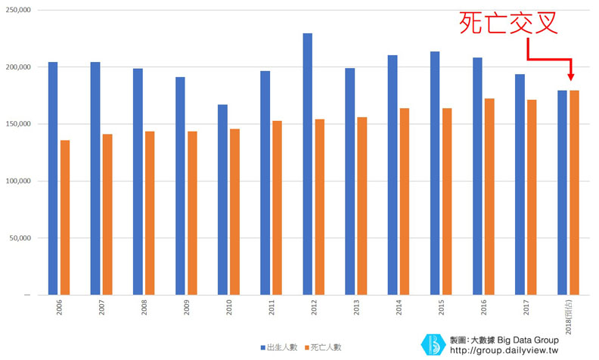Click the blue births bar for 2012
(307, 163)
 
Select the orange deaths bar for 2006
(65, 217)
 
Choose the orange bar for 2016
(489, 196)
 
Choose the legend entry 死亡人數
(323, 347)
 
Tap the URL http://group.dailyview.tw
(504, 350)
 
